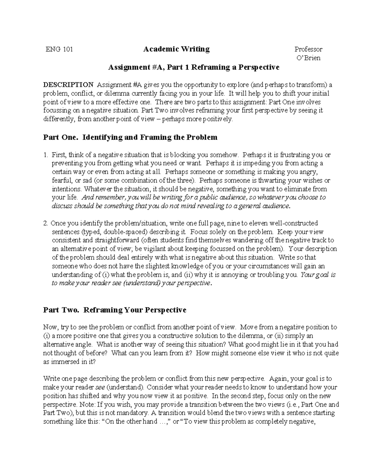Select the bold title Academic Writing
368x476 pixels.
(x=176, y=49)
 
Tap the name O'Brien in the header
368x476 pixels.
(x=308, y=58)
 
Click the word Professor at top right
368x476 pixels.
(x=308, y=49)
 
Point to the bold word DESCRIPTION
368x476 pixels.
(x=68, y=85)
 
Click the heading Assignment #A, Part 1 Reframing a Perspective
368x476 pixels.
(x=194, y=67)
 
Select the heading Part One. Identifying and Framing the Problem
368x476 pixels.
(x=130, y=137)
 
